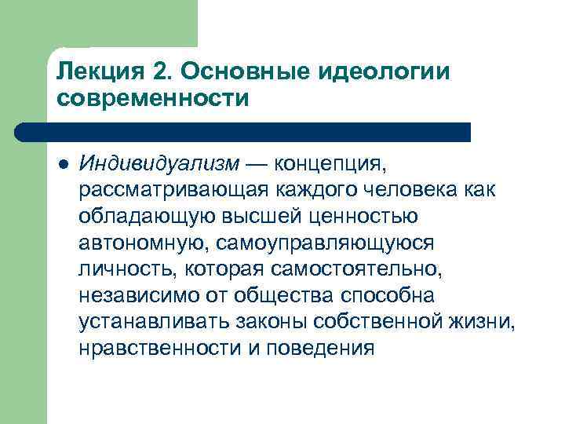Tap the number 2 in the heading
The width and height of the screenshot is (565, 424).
161,71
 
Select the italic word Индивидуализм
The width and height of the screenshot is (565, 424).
158,164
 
